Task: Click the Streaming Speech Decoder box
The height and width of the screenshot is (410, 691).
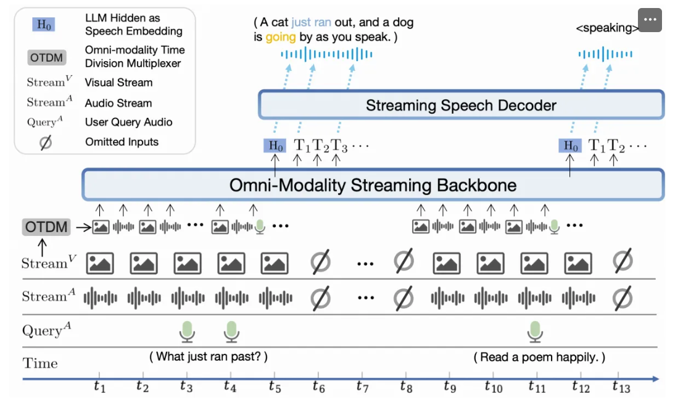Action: point(461,105)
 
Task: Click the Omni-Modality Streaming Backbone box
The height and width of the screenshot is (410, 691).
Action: point(373,185)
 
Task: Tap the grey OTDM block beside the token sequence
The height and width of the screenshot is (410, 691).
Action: point(46,227)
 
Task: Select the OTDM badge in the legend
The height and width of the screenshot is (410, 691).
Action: point(46,58)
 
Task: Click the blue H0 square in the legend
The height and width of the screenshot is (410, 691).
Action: point(44,24)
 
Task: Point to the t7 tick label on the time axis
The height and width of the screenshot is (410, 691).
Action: point(362,387)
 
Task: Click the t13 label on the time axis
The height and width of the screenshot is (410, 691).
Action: point(621,387)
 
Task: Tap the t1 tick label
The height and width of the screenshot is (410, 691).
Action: point(99,387)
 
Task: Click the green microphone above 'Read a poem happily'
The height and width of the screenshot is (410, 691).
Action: point(535,332)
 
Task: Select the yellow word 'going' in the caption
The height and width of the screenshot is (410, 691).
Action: point(280,37)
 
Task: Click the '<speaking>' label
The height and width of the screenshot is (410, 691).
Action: point(607,28)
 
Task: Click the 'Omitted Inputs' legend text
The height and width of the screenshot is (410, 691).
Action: point(122,142)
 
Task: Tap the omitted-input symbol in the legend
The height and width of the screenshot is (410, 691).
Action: point(46,143)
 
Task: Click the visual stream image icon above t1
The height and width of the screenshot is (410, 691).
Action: point(100,263)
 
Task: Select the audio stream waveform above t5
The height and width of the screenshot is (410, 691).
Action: point(275,298)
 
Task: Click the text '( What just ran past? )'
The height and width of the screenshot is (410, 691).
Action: point(209,356)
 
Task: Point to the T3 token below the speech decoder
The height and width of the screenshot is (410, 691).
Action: point(339,146)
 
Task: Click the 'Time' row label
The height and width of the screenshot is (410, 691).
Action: point(40,363)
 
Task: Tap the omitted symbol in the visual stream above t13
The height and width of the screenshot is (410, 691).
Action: point(623,261)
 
